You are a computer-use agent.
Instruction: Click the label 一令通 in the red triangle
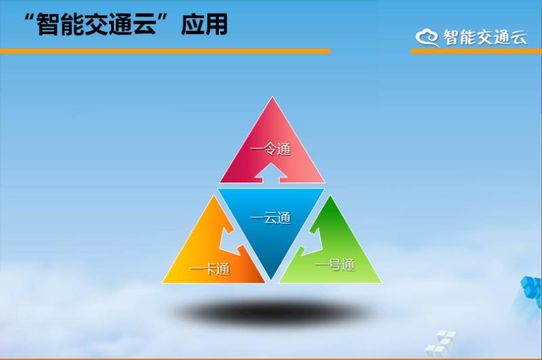point(270,149)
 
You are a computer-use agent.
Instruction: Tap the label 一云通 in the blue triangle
point(270,218)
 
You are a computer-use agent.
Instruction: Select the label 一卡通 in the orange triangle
point(210,268)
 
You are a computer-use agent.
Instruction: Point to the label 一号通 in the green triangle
point(335,265)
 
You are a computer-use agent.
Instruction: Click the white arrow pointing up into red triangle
point(271,173)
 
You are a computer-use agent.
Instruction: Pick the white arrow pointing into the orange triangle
point(231,242)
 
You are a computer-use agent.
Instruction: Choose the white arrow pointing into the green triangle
point(312,241)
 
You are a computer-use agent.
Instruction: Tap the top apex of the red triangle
point(272,97)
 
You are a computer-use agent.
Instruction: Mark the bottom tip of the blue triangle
point(272,279)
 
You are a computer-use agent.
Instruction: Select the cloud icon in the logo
point(428,37)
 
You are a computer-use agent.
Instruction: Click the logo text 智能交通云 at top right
point(485,37)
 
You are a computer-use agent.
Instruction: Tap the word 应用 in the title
point(205,24)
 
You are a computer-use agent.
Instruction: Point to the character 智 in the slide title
point(47,24)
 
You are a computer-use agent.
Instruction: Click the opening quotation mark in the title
point(30,18)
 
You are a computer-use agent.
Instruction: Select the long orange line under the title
point(165,51)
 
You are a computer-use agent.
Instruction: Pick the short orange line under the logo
point(476,51)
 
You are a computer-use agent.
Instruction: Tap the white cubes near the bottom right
point(440,344)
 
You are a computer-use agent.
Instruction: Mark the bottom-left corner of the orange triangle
point(163,283)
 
